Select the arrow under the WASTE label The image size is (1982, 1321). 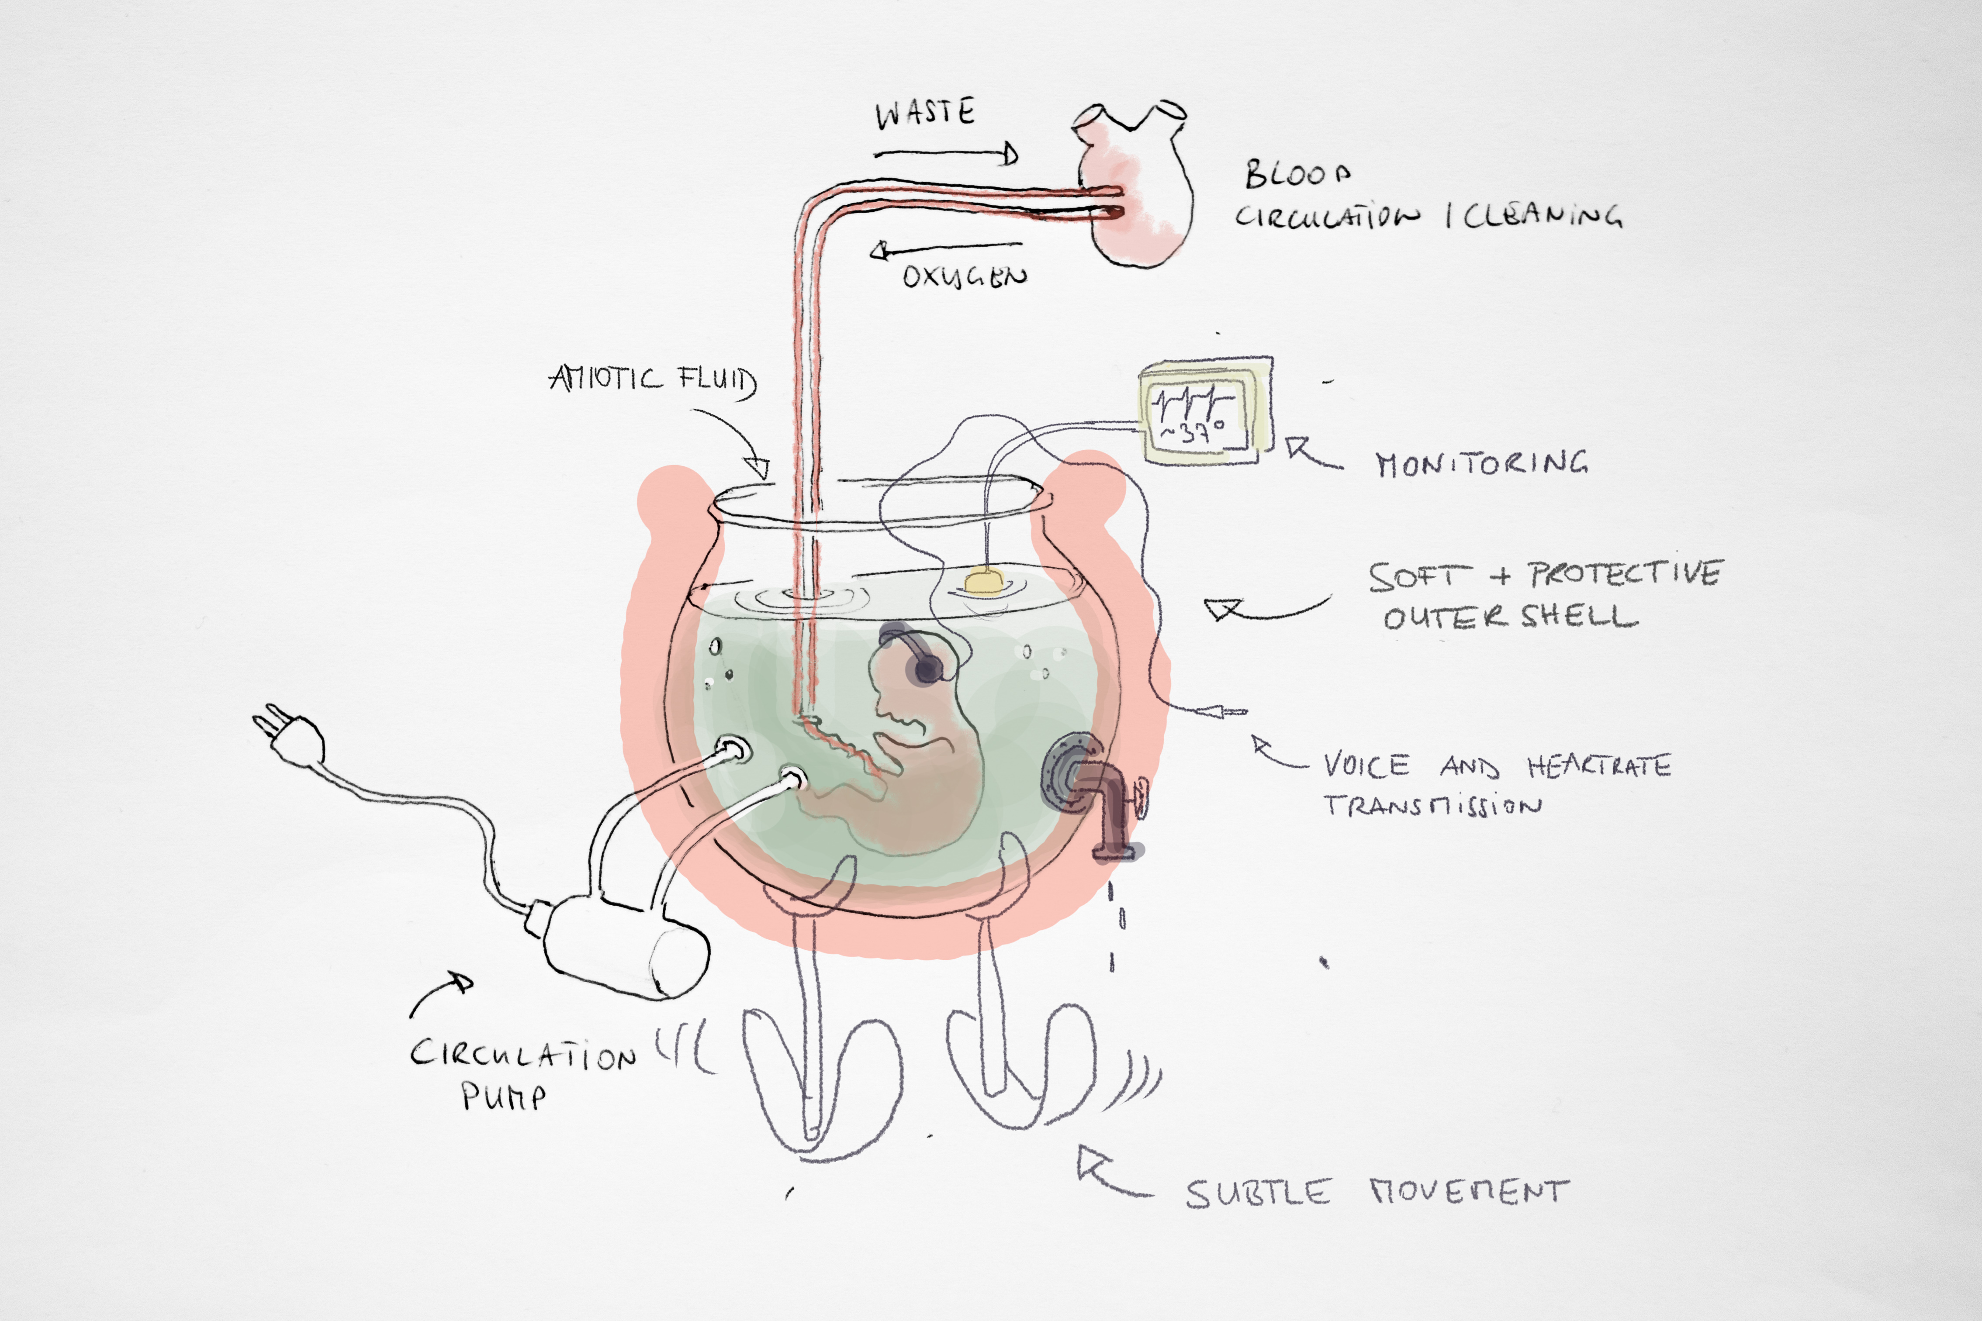[x=945, y=153]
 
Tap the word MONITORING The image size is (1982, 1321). [x=1481, y=463]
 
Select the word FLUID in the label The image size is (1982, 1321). [x=716, y=381]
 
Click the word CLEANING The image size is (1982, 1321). [x=1542, y=216]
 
